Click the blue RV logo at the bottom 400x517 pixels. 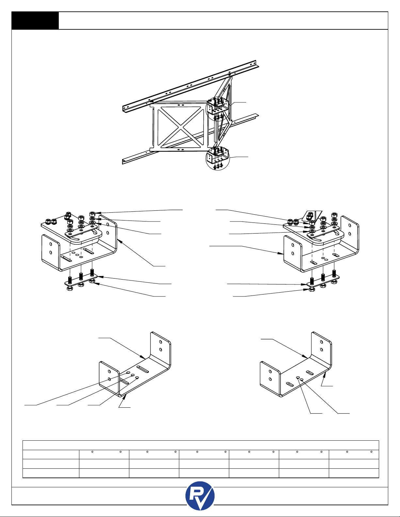pos(200,496)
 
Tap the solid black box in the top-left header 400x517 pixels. pos(35,21)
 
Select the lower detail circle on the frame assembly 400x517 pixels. pos(218,159)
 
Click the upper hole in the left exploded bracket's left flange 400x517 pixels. pos(51,243)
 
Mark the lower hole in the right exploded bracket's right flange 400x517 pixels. pos(350,234)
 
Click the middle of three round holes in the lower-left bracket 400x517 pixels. pos(133,375)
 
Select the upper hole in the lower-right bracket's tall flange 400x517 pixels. pos(322,342)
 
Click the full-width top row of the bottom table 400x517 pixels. pos(200,445)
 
